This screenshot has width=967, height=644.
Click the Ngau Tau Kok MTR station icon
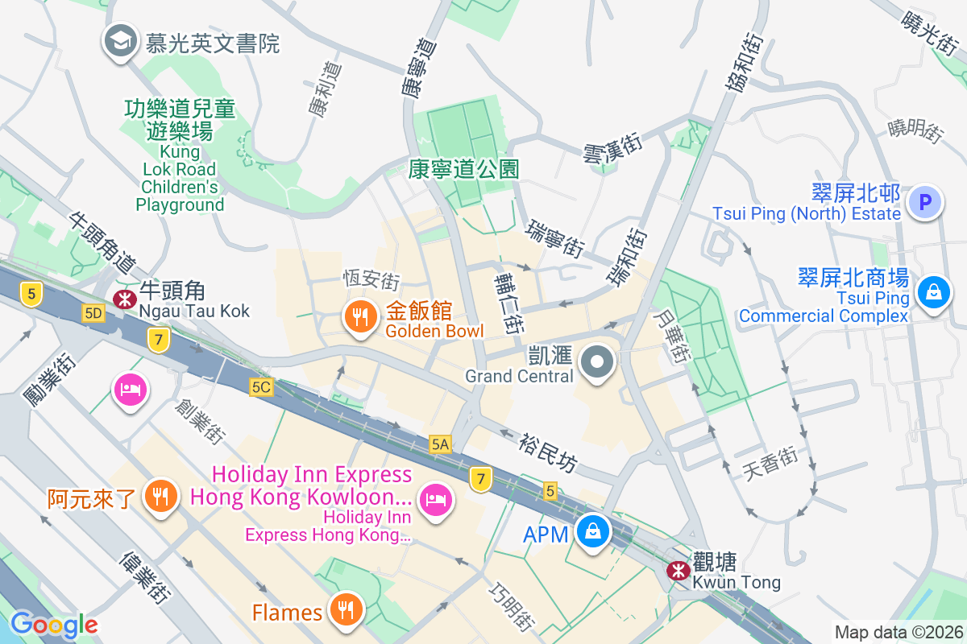124,299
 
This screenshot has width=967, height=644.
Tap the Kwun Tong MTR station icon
678,571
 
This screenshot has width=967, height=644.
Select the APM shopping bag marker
593,533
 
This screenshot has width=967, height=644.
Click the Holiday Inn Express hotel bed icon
436,500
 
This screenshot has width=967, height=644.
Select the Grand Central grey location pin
597,362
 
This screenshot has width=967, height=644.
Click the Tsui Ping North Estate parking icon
924,202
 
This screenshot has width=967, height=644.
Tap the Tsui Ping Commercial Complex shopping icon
932,291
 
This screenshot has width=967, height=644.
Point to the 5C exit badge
260,387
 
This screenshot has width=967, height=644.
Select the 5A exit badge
440,444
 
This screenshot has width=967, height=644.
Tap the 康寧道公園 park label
463,169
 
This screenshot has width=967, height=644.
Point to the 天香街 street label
770,464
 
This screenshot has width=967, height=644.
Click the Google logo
54,624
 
